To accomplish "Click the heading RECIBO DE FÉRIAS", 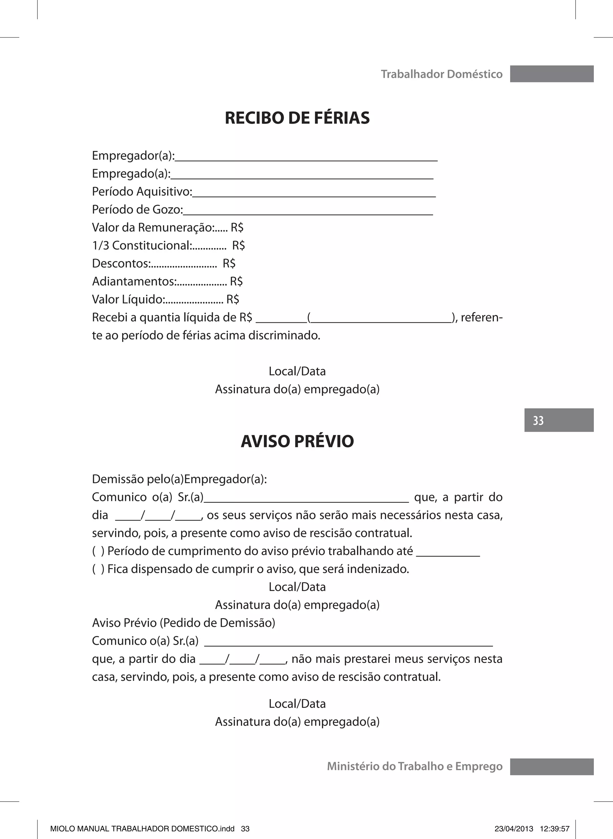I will (297, 118).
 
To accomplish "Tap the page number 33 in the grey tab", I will (538, 421).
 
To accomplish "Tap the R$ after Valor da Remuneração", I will (237, 228).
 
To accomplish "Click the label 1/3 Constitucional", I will (141, 246).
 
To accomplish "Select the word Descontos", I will (121, 264).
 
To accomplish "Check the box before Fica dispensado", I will (98, 569).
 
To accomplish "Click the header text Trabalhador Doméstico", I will (441, 74).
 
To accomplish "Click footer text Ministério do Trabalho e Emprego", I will (415, 767).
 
